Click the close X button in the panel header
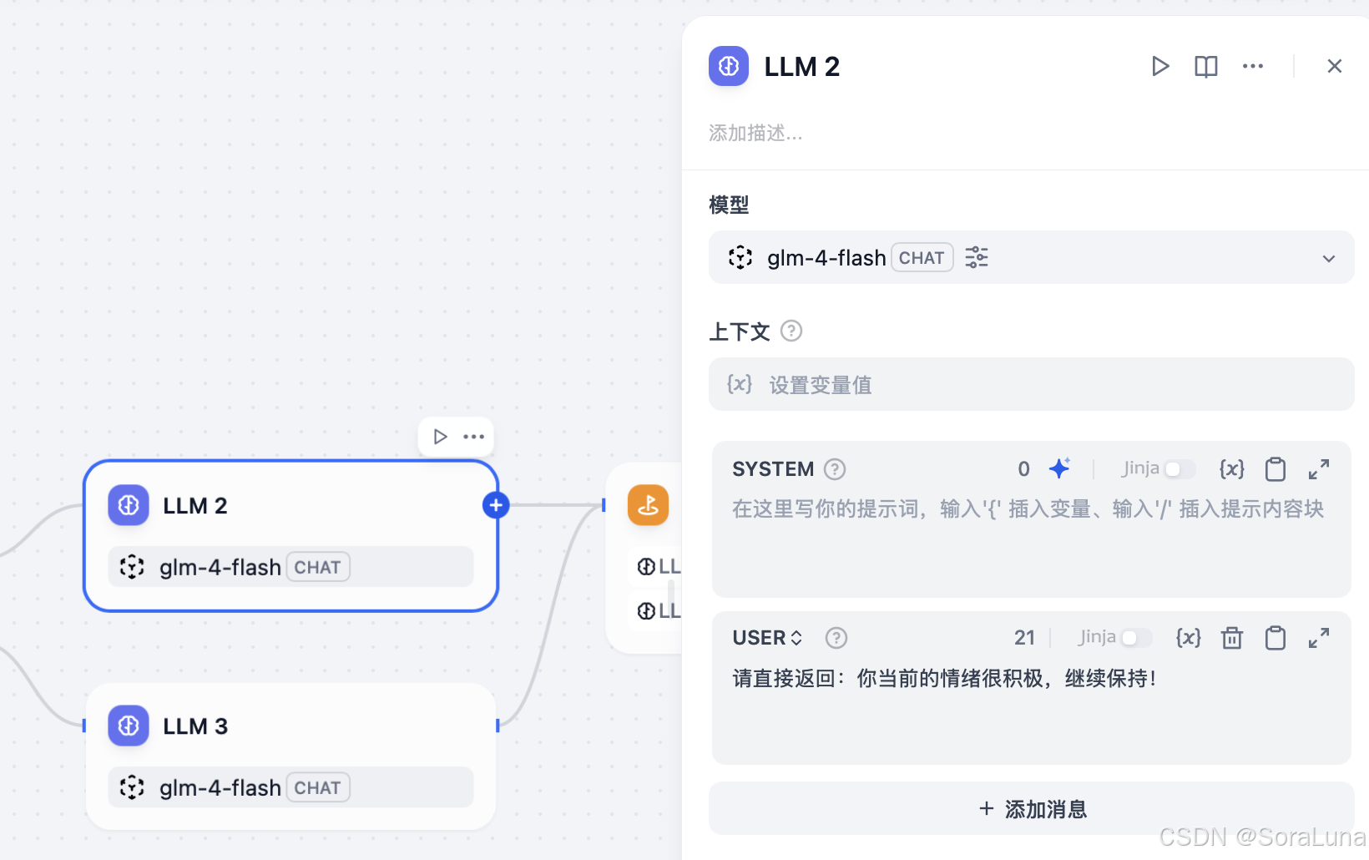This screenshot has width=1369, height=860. pos(1334,66)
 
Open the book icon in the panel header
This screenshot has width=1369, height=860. pos(1205,66)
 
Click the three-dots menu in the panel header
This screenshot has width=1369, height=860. pos(1252,66)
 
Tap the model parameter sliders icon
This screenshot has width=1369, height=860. pos(976,257)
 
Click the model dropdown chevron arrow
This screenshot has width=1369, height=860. pos(1328,259)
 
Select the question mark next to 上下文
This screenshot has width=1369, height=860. pos(791,331)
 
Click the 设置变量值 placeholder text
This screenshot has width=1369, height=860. pos(820,385)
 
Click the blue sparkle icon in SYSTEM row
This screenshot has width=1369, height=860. pos(1059,468)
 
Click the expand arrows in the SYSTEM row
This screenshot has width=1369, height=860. pos(1318,469)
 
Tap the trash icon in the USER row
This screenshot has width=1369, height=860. pos(1231,639)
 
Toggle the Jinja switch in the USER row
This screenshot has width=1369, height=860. pos(1134,638)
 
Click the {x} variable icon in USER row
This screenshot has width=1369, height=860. pos(1188,638)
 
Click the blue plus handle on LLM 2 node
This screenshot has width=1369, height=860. pos(496,505)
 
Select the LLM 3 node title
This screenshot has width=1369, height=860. pos(195,726)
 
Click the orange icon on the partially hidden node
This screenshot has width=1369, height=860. pos(648,505)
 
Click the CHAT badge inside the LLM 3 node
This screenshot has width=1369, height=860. pos(317,787)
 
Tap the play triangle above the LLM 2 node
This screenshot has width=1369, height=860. pos(440,437)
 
